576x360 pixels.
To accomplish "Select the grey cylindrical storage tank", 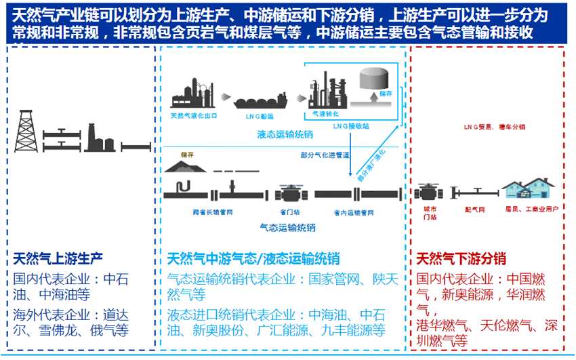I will (372, 79).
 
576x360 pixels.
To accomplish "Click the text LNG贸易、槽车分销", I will (494, 127).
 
